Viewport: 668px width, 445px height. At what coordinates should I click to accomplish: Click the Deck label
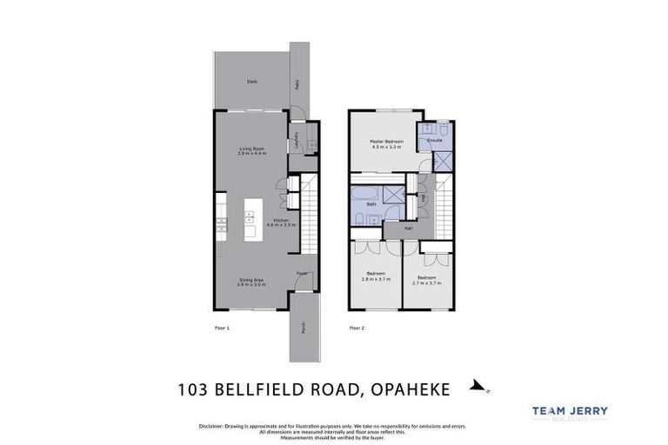pos(251,82)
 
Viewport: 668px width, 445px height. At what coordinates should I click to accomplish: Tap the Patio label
pos(297,84)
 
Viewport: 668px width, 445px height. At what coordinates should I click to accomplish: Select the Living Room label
pos(251,150)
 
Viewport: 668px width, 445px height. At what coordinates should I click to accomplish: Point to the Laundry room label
pos(297,139)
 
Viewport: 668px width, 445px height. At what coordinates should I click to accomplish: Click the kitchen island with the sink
pos(251,216)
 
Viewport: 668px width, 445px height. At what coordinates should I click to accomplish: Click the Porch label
pos(302,329)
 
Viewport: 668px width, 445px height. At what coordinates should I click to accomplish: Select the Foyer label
pos(302,273)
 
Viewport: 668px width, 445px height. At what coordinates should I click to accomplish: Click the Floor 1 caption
pos(222,328)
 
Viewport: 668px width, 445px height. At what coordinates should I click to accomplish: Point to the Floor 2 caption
pos(357,328)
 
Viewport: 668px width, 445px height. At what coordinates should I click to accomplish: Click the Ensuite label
pos(435,139)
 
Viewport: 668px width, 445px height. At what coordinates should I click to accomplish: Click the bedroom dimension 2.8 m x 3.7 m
pos(376,280)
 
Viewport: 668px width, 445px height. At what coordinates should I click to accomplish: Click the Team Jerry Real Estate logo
pos(570,414)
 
